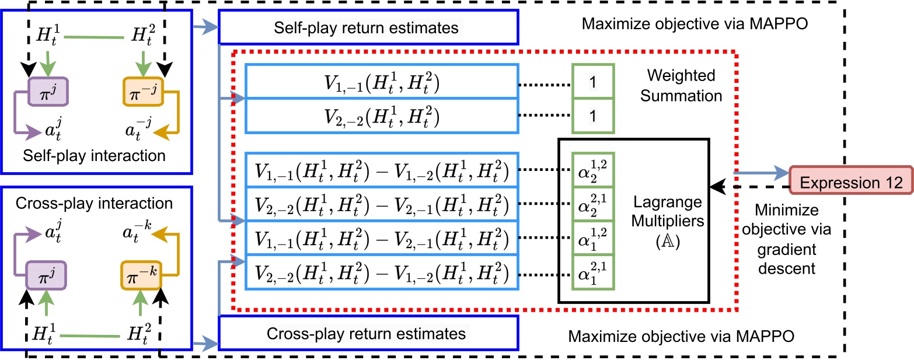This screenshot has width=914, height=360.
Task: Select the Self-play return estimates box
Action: tap(368, 27)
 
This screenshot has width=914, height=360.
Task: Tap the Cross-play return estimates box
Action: tap(368, 334)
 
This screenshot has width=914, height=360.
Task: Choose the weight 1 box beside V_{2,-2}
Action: tap(592, 116)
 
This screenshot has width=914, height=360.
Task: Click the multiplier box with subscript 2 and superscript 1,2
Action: tap(592, 170)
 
